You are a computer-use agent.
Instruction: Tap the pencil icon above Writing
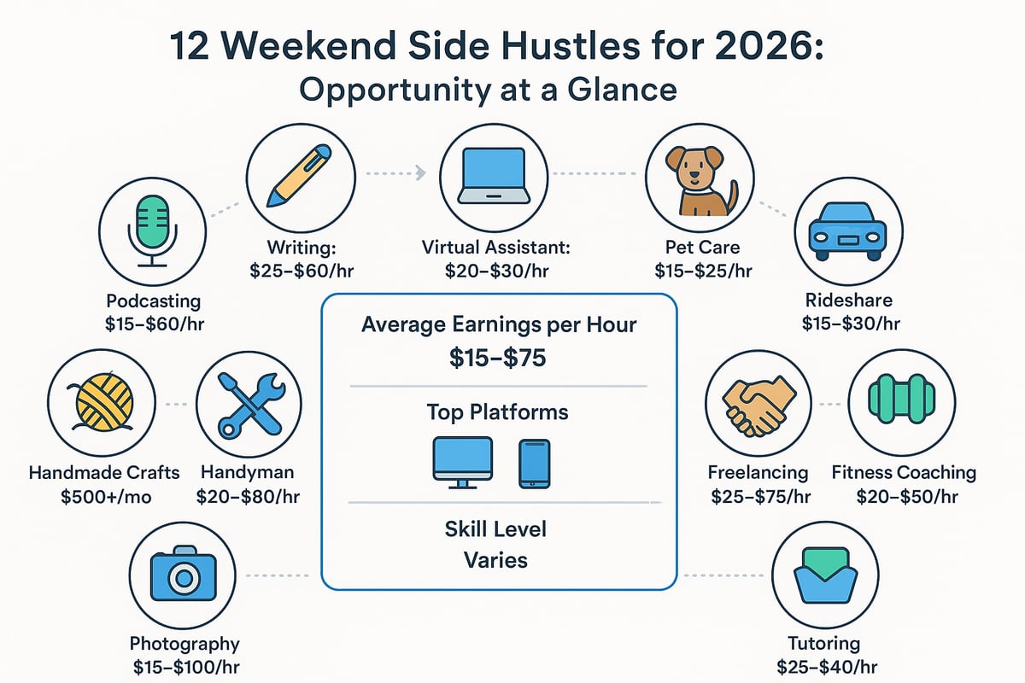298,174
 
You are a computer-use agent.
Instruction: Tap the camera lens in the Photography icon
183,580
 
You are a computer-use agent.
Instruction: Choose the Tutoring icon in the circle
824,576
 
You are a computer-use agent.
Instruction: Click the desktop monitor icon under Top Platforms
462,461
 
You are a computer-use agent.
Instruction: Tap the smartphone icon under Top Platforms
534,463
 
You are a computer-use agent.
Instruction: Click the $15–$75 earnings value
498,359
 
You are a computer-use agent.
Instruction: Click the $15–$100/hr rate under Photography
184,668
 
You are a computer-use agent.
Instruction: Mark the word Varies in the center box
495,560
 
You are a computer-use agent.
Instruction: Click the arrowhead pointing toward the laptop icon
419,174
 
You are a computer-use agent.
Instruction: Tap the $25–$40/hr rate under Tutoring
824,668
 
